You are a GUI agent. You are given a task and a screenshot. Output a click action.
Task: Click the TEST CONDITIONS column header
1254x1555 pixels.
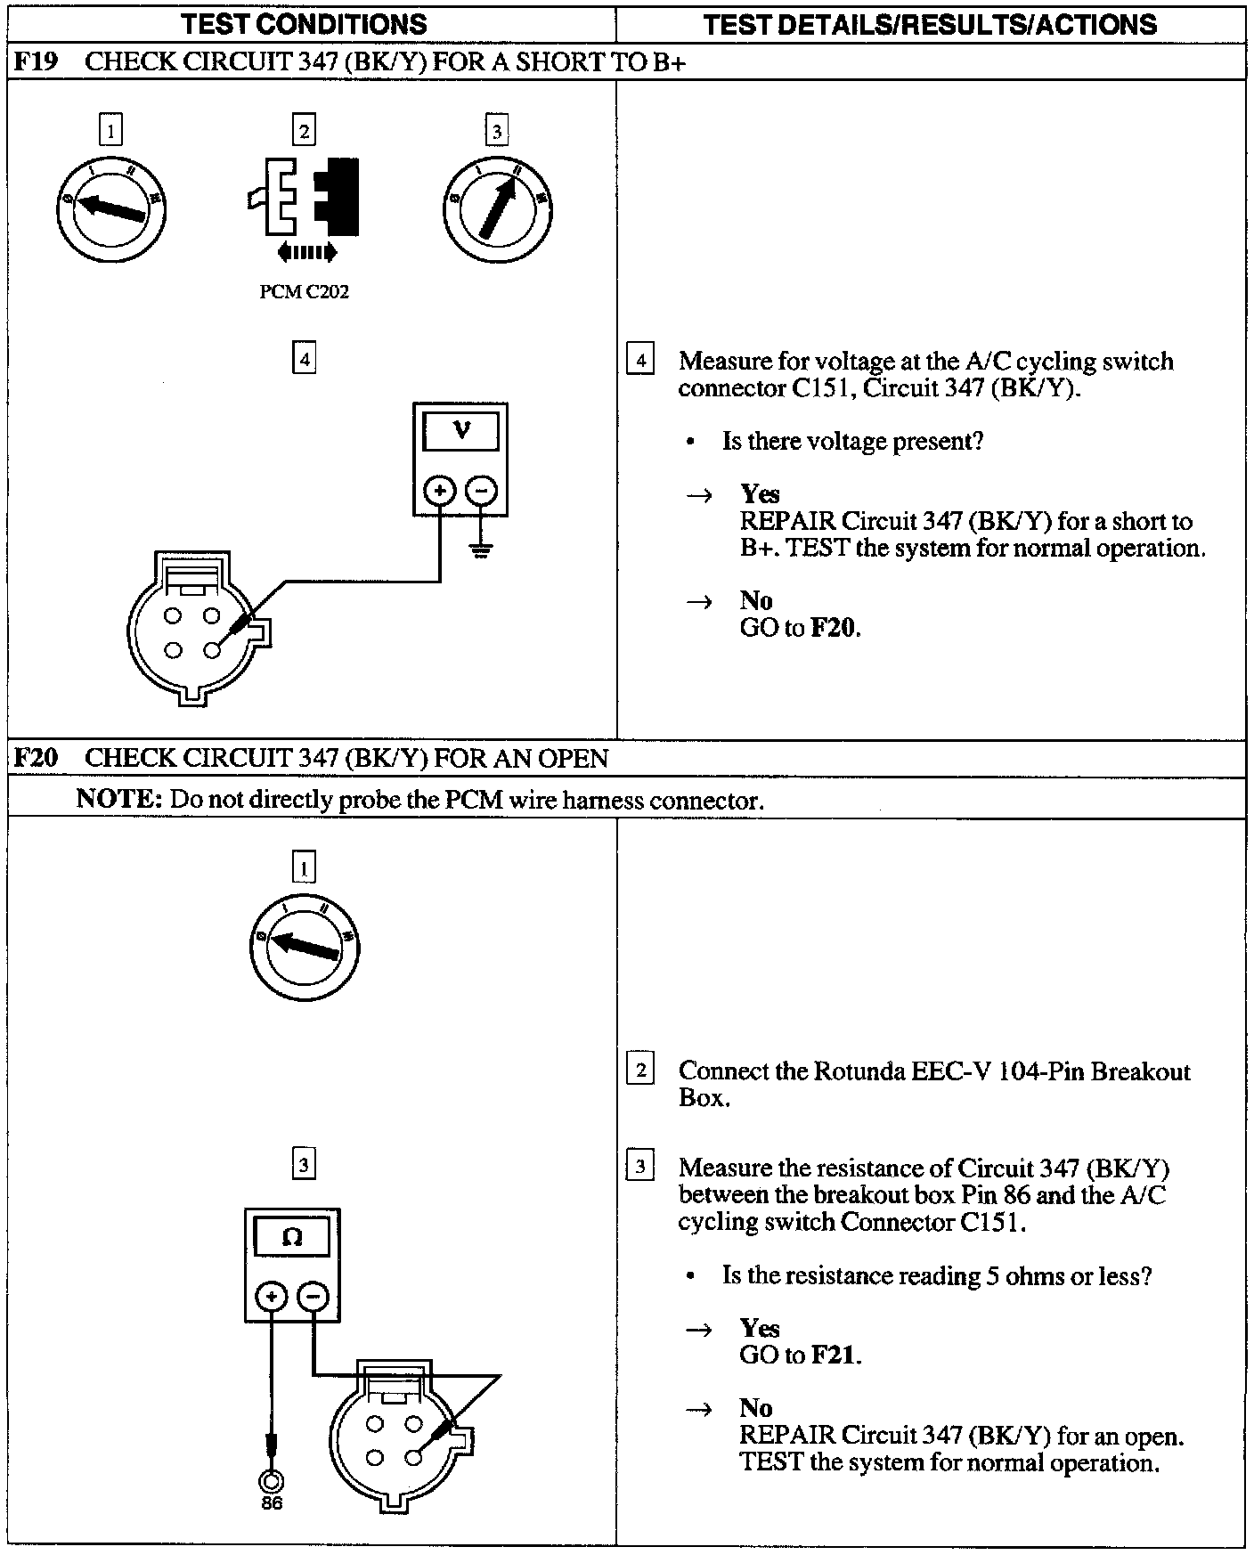(x=304, y=24)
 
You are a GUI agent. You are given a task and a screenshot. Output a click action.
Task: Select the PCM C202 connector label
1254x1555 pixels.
(x=304, y=292)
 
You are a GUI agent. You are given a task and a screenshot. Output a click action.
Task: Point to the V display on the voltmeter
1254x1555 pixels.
(x=460, y=432)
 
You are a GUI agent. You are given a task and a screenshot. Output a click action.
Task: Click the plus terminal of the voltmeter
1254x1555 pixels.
(x=438, y=490)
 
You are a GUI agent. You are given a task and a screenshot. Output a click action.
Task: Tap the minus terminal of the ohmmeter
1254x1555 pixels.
(x=312, y=1296)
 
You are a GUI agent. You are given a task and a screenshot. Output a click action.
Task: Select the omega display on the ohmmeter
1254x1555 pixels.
(x=292, y=1237)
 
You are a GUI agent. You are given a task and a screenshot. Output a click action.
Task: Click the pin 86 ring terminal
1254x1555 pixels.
(x=271, y=1481)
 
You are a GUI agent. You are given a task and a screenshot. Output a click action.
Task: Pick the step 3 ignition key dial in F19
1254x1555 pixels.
(x=496, y=208)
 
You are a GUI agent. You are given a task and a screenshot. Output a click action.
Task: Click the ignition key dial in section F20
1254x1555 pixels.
(x=304, y=946)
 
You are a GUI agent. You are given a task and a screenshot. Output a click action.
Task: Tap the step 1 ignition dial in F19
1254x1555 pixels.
(x=110, y=208)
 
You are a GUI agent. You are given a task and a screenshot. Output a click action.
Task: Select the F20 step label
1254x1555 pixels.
(x=36, y=758)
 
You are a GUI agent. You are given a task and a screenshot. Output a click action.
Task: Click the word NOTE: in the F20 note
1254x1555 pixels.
(x=118, y=799)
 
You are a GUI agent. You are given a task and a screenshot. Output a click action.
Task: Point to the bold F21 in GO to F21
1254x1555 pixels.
(x=835, y=1355)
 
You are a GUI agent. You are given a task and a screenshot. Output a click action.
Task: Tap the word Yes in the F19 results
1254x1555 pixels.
(x=760, y=493)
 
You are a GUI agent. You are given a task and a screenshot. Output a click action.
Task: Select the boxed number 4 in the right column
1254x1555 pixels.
(x=639, y=361)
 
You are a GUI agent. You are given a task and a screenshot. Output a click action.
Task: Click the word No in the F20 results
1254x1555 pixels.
(x=755, y=1408)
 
